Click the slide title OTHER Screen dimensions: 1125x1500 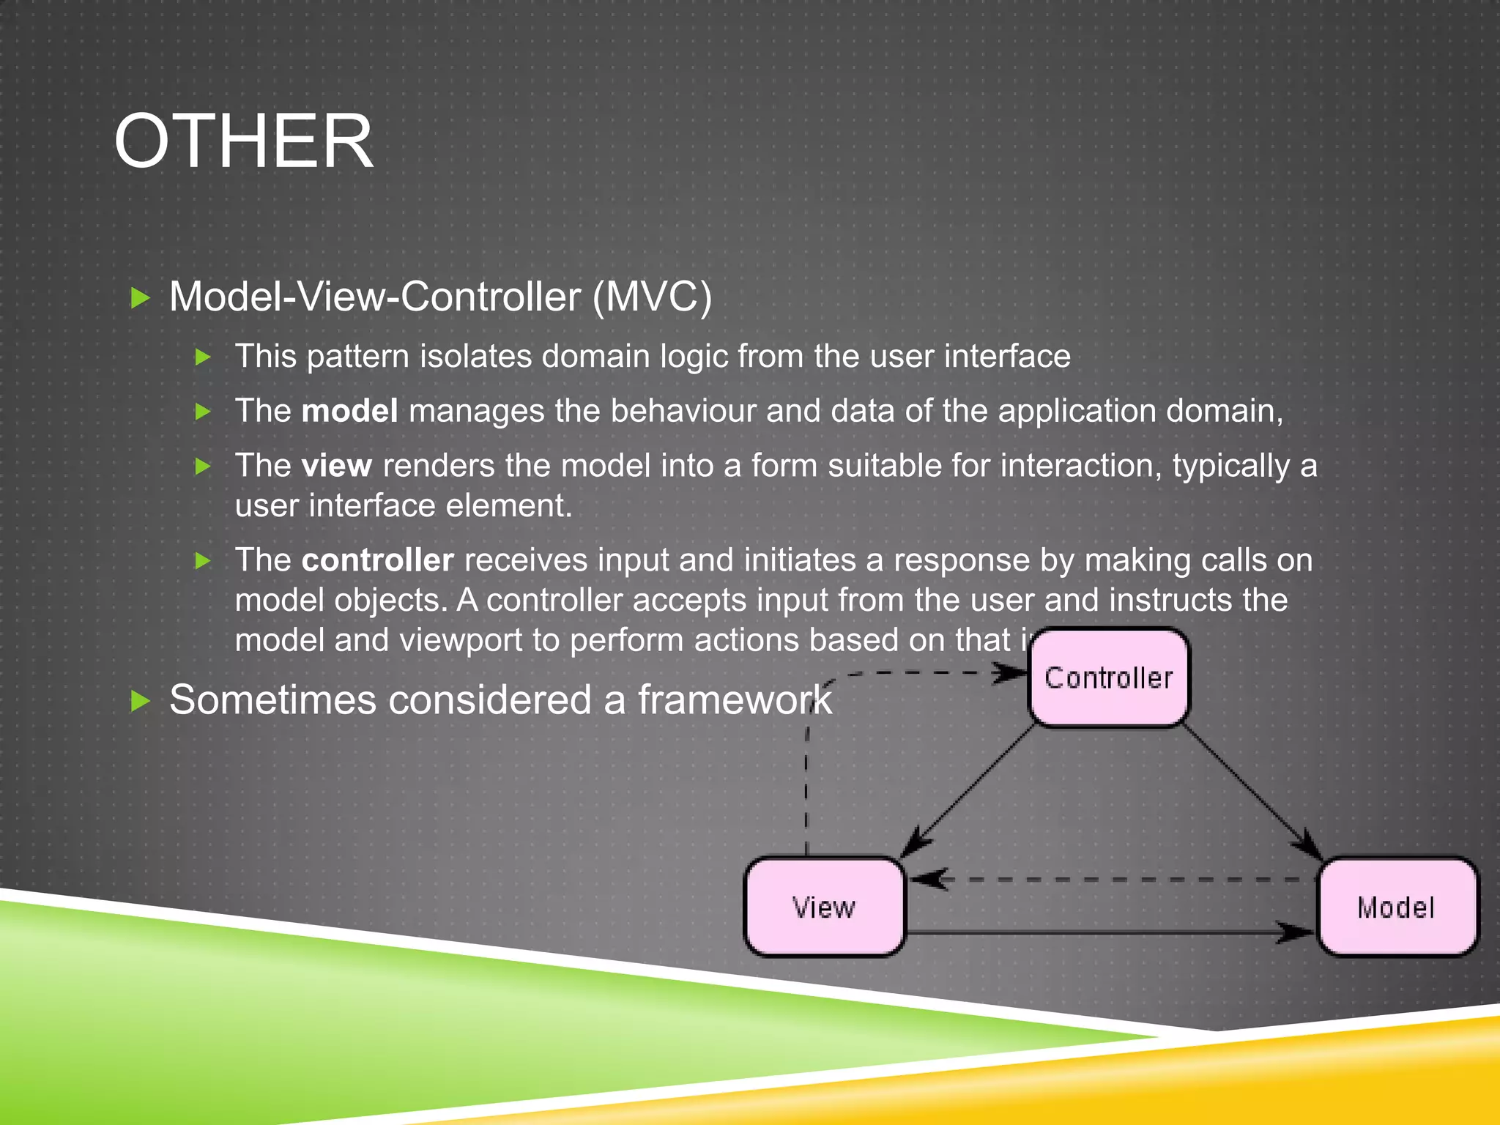pyautogui.click(x=243, y=141)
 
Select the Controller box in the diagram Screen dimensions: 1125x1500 pyautogui.click(x=1109, y=678)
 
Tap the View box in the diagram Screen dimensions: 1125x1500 pyautogui.click(x=825, y=907)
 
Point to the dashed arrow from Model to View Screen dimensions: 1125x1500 pyautogui.click(x=1113, y=880)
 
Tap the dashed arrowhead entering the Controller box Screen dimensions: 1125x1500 pyautogui.click(x=1011, y=673)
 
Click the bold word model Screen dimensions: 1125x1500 pyautogui.click(x=349, y=411)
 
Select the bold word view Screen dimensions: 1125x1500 pyautogui.click(x=336, y=466)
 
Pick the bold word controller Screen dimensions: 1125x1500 pyautogui.click(x=377, y=560)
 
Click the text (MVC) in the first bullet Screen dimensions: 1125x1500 pyautogui.click(x=652, y=297)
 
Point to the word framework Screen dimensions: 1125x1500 pyautogui.click(x=735, y=699)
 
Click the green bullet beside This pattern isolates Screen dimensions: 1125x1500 pyautogui.click(x=203, y=357)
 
